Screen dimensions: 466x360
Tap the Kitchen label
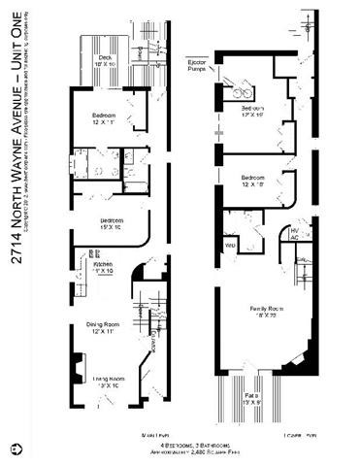[x=103, y=268]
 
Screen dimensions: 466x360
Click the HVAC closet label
[x=295, y=234]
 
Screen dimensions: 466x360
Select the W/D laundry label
[x=230, y=245]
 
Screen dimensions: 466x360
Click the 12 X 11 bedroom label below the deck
[x=104, y=121]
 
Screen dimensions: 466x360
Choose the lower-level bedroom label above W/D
[x=252, y=183]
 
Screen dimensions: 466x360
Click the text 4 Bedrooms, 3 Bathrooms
[x=180, y=446]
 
